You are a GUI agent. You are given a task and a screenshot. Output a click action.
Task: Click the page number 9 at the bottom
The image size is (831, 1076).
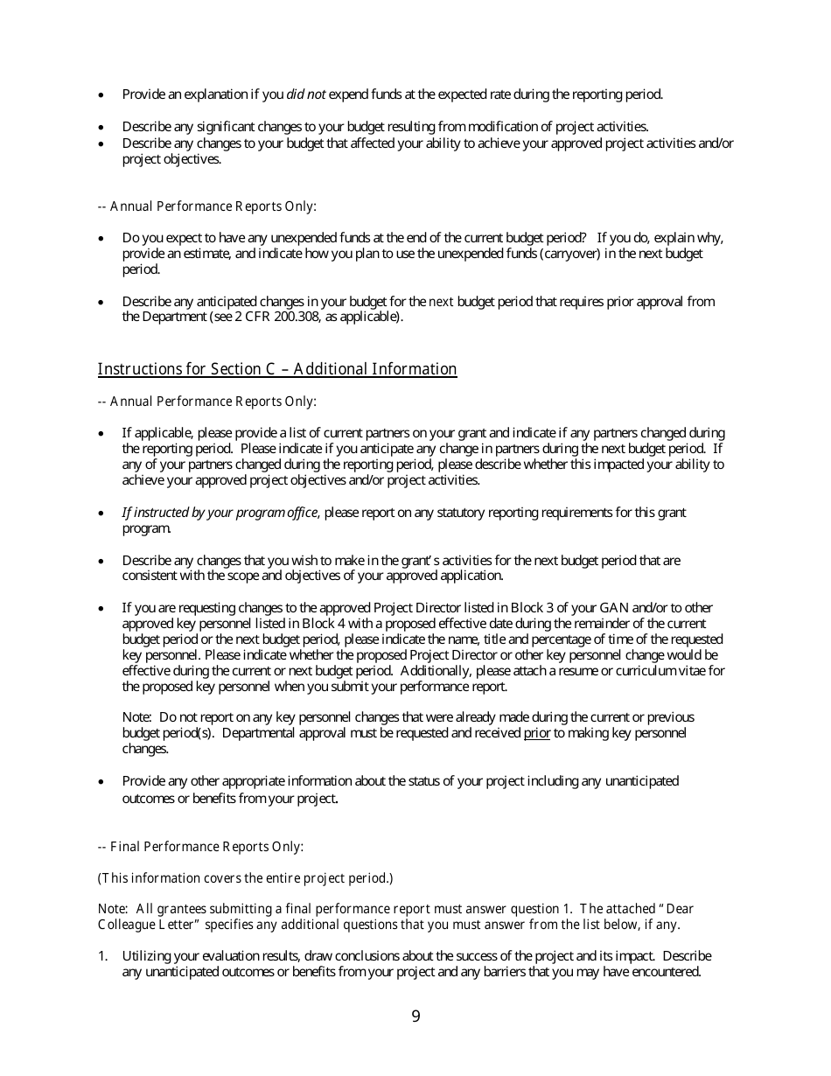pos(415,1017)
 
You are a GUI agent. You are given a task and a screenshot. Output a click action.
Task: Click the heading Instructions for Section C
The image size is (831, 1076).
pos(276,369)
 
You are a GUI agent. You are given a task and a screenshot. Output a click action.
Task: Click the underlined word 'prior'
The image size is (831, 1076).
pos(536,733)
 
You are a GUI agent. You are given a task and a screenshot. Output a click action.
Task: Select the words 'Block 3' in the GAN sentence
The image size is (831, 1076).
pos(534,608)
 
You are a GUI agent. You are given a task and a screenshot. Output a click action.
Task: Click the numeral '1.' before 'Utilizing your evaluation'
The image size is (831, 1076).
pos(103,956)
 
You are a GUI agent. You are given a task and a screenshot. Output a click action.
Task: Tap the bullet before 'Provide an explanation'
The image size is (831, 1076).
pos(101,94)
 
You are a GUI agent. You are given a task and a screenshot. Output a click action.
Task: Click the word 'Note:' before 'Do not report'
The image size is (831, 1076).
pos(137,717)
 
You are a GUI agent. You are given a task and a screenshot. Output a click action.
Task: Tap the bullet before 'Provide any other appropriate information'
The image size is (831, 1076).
pos(101,781)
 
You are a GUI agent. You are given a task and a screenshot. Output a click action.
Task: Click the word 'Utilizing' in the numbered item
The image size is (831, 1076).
pos(147,956)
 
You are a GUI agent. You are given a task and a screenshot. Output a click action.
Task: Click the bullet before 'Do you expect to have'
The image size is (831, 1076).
pos(101,238)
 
